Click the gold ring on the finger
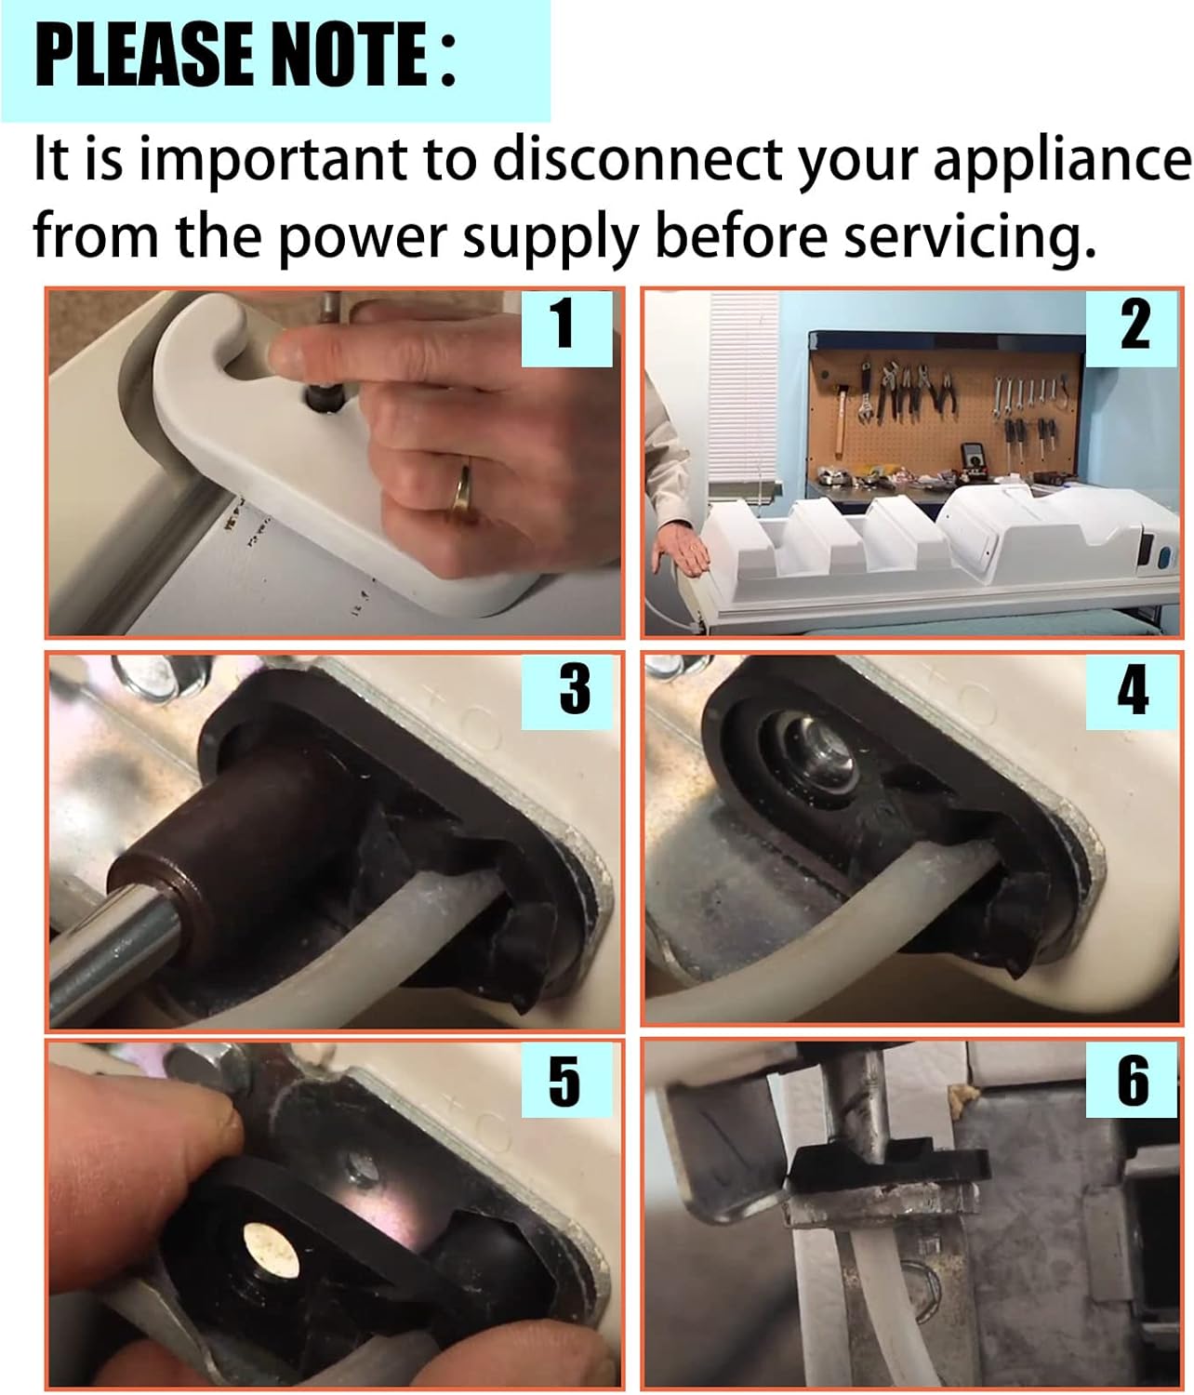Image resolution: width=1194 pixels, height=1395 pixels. click(x=463, y=488)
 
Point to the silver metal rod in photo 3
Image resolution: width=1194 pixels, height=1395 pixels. click(x=114, y=944)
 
